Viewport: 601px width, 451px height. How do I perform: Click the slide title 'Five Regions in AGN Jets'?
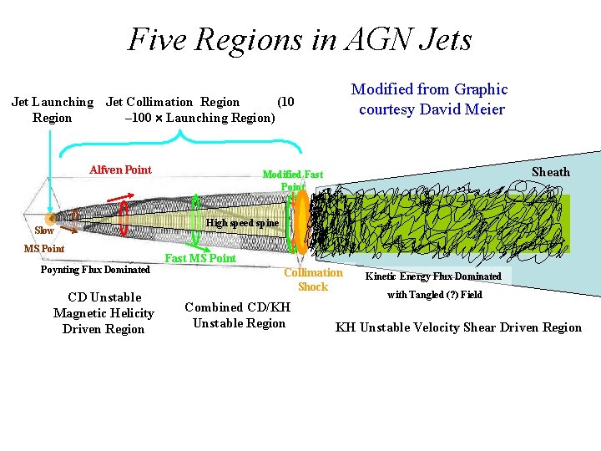300,39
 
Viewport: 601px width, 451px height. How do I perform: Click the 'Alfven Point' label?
120,170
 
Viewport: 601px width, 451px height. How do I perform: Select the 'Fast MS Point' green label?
200,258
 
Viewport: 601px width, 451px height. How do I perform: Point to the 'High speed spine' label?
242,223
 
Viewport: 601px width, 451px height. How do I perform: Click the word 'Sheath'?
551,172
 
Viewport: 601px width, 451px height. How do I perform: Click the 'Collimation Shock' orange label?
313,280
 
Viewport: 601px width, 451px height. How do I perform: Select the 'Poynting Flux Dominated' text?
95,270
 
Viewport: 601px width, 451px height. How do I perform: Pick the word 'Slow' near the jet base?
44,231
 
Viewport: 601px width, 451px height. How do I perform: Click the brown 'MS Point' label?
43,249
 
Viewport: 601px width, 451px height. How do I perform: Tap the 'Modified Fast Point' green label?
292,180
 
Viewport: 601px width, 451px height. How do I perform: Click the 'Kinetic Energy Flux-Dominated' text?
433,276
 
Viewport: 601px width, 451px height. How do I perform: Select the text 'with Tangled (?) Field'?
434,295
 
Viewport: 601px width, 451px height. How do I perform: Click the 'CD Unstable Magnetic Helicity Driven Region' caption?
104,313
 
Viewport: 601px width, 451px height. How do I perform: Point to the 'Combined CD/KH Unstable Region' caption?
238,315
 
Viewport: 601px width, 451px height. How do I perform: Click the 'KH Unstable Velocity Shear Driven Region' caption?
458,327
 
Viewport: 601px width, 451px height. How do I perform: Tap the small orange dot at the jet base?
51,219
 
